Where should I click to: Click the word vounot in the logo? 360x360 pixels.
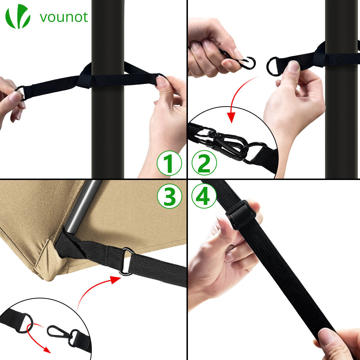tap(64, 17)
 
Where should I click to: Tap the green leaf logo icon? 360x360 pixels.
tap(18, 16)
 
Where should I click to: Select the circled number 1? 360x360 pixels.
tap(169, 163)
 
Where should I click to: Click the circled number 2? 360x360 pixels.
tap(204, 163)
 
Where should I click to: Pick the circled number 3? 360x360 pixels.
tap(170, 196)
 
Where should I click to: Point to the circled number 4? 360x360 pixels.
tap(204, 196)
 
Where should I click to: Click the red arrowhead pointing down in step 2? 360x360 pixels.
tap(231, 117)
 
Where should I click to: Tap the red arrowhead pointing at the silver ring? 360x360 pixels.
tap(116, 280)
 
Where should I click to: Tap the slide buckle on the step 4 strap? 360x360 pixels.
tap(240, 214)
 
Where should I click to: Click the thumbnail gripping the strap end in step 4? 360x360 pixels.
tap(327, 336)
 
